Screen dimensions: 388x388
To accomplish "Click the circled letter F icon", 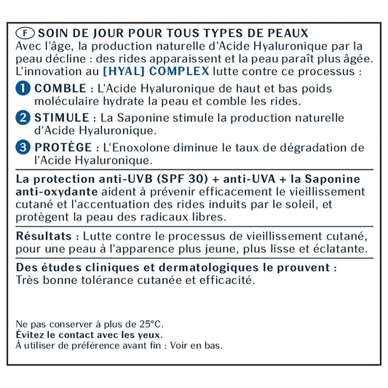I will click(24, 33).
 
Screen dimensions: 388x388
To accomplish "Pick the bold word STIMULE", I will click(61, 118).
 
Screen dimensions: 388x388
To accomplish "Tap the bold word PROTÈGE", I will click(63, 148).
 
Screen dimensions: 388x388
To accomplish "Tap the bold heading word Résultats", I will click(44, 237).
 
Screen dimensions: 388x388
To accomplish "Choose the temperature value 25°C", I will click(149, 323).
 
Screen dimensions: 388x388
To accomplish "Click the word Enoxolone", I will click(149, 148).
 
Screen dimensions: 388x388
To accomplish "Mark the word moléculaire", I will click(66, 101).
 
